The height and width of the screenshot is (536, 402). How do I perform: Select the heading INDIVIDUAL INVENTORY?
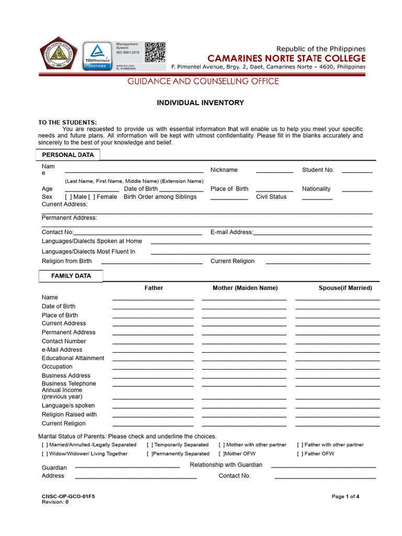pyautogui.click(x=200, y=103)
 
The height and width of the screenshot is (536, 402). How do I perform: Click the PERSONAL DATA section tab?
pyautogui.click(x=68, y=155)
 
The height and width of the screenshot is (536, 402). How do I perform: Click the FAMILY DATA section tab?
pyautogui.click(x=71, y=276)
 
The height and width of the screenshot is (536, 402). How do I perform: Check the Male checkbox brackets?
pyautogui.click(x=68, y=197)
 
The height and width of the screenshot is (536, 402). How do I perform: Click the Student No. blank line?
pyautogui.click(x=357, y=172)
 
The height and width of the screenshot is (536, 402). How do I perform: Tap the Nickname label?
pyautogui.click(x=224, y=170)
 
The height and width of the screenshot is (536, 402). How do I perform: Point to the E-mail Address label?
pyautogui.click(x=231, y=232)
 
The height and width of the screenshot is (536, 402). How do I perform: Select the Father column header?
pyautogui.click(x=154, y=288)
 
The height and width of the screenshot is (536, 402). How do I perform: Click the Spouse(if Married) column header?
pyautogui.click(x=345, y=288)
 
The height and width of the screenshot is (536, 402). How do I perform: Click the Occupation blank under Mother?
pyautogui.click(x=244, y=368)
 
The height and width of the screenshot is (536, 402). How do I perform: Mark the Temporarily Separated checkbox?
pyautogui.click(x=150, y=445)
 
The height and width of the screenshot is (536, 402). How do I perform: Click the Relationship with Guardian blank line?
pyautogui.click(x=323, y=466)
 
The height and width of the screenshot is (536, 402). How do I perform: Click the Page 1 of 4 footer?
pyautogui.click(x=345, y=496)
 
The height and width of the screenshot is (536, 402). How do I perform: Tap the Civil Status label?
pyautogui.click(x=271, y=197)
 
